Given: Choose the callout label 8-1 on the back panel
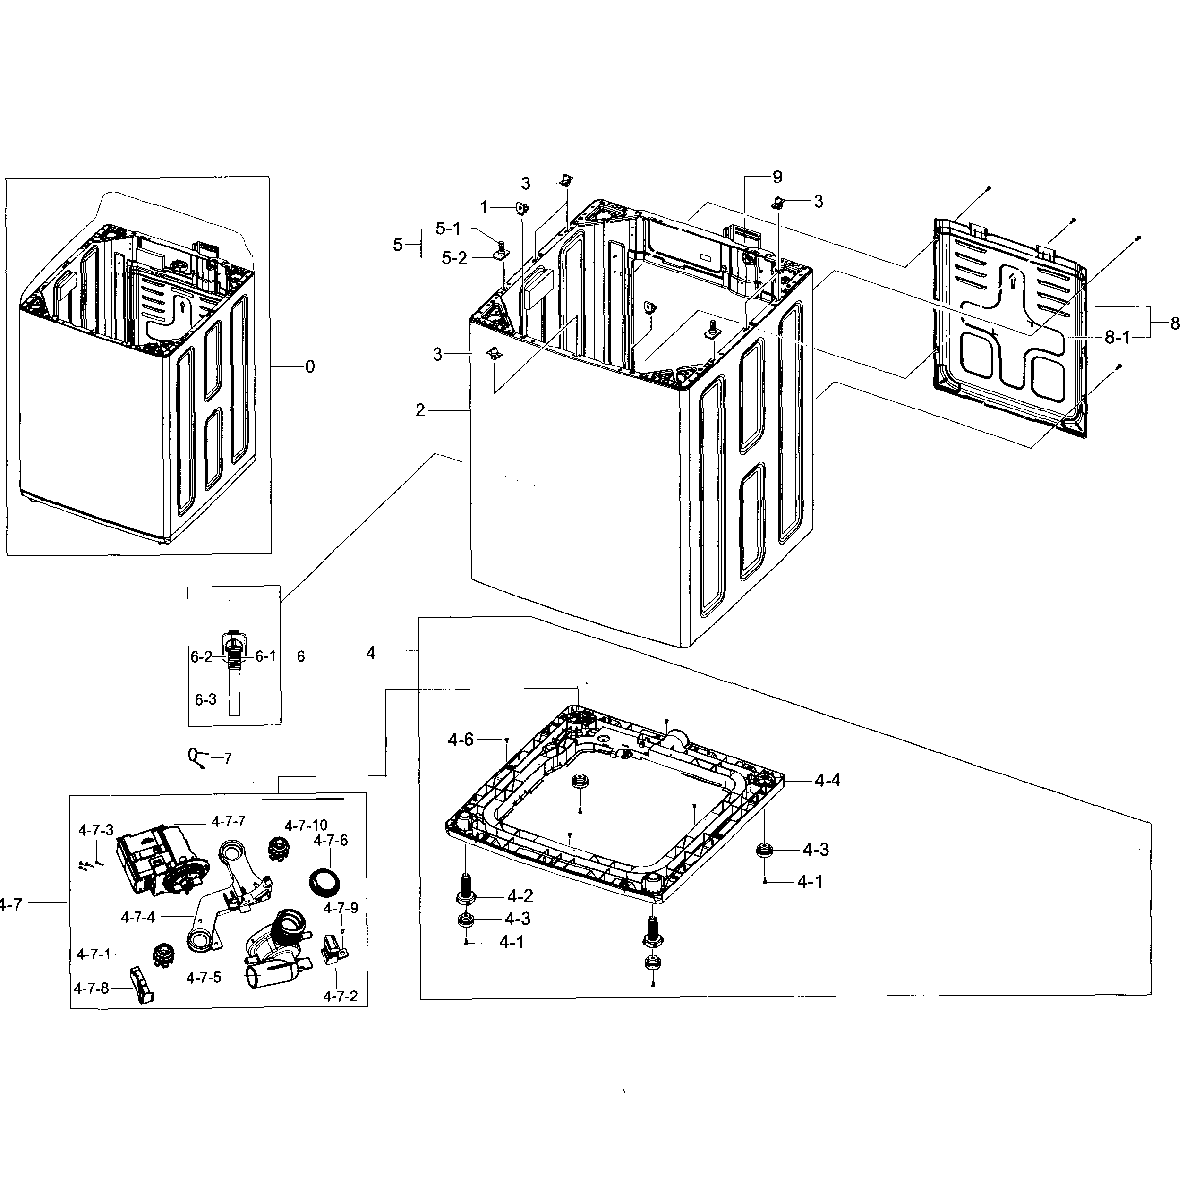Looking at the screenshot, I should tap(1117, 337).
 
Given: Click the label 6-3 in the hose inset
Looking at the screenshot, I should tap(205, 699).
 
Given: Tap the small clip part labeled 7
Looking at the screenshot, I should tap(195, 758).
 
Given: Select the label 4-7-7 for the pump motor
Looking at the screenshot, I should tap(228, 821).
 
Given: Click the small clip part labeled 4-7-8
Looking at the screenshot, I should tap(142, 985).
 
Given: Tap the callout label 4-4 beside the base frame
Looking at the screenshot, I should tap(827, 780).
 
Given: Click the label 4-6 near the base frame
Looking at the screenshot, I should tap(461, 740).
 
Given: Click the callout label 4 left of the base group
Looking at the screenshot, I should tap(371, 653).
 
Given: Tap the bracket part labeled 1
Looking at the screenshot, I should tap(520, 208).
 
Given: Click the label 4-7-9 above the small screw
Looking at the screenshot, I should tap(341, 908).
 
